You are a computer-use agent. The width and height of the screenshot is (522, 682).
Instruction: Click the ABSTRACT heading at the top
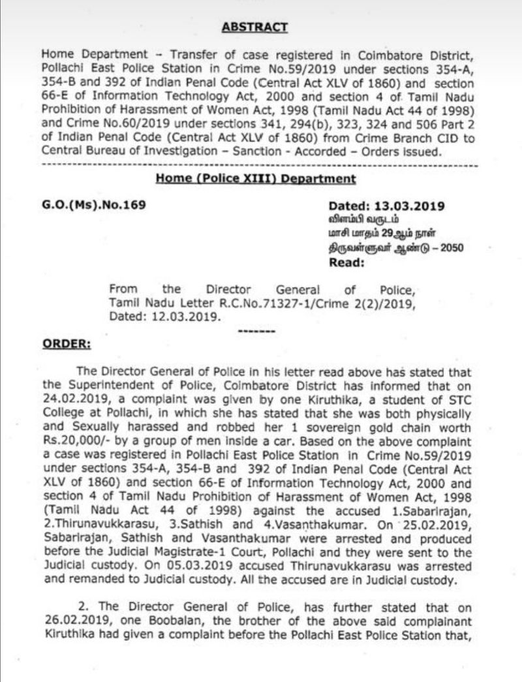coord(254,27)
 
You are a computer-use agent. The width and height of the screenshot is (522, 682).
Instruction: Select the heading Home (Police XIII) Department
coord(256,179)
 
